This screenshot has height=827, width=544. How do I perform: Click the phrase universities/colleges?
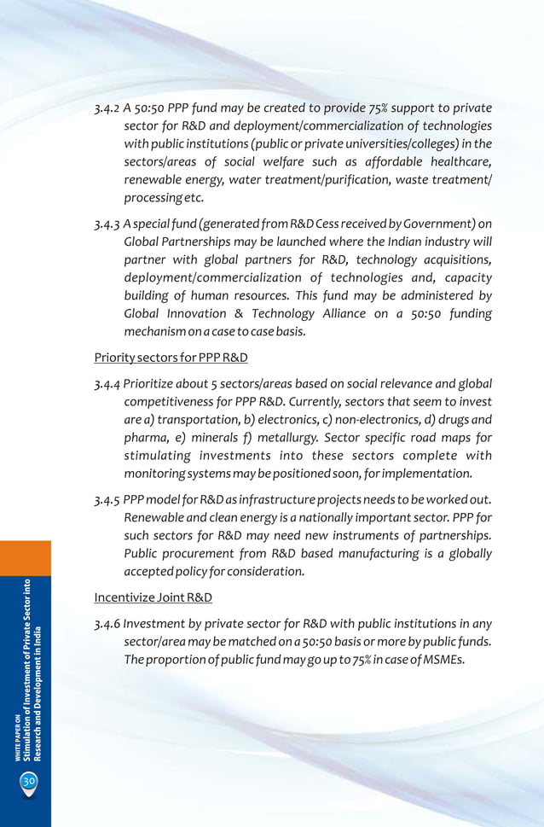(396, 143)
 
